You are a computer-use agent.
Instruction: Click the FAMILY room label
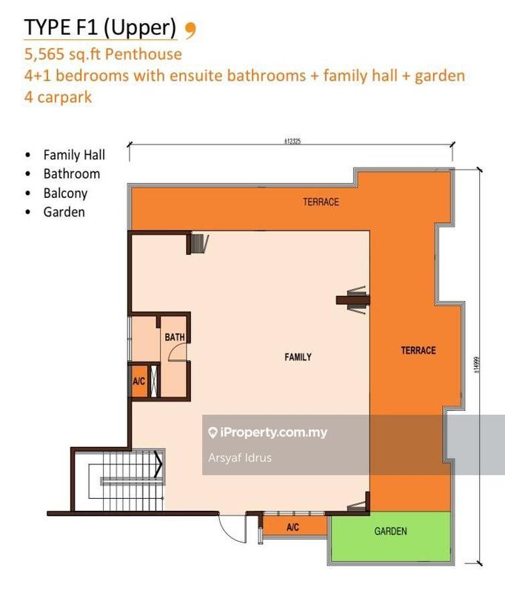point(298,357)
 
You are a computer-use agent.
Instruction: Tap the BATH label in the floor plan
point(175,338)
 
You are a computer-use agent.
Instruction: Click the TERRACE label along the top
point(321,202)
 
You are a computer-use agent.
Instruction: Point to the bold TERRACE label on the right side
point(418,351)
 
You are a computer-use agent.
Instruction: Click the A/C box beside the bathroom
point(138,381)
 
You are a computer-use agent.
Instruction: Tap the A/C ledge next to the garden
point(293,527)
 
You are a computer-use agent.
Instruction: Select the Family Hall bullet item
point(74,155)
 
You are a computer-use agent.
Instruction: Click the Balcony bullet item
point(65,193)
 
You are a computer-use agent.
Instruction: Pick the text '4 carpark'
point(58,97)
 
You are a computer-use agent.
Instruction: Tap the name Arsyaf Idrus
point(240,457)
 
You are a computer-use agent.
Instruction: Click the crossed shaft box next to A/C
point(155,381)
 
